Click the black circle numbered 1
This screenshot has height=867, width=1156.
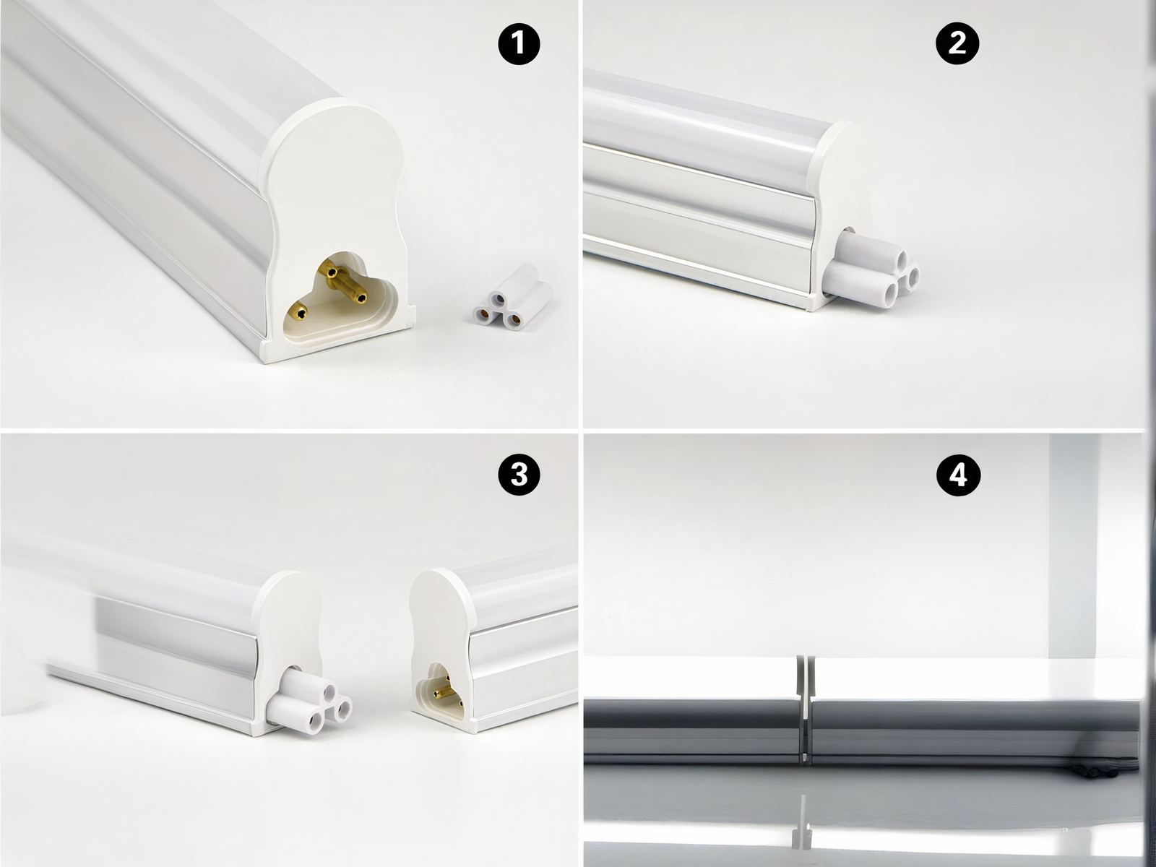pyautogui.click(x=519, y=45)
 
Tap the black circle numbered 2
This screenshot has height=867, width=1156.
pyautogui.click(x=957, y=44)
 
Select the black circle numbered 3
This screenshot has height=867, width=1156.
pyautogui.click(x=519, y=474)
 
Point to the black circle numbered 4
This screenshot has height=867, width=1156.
pyautogui.click(x=957, y=475)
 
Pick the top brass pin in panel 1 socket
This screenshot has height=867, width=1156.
pyautogui.click(x=332, y=272)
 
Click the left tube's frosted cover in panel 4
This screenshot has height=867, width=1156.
pyautogui.click(x=686, y=679)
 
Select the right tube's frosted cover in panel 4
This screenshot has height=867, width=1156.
pyautogui.click(x=975, y=679)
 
